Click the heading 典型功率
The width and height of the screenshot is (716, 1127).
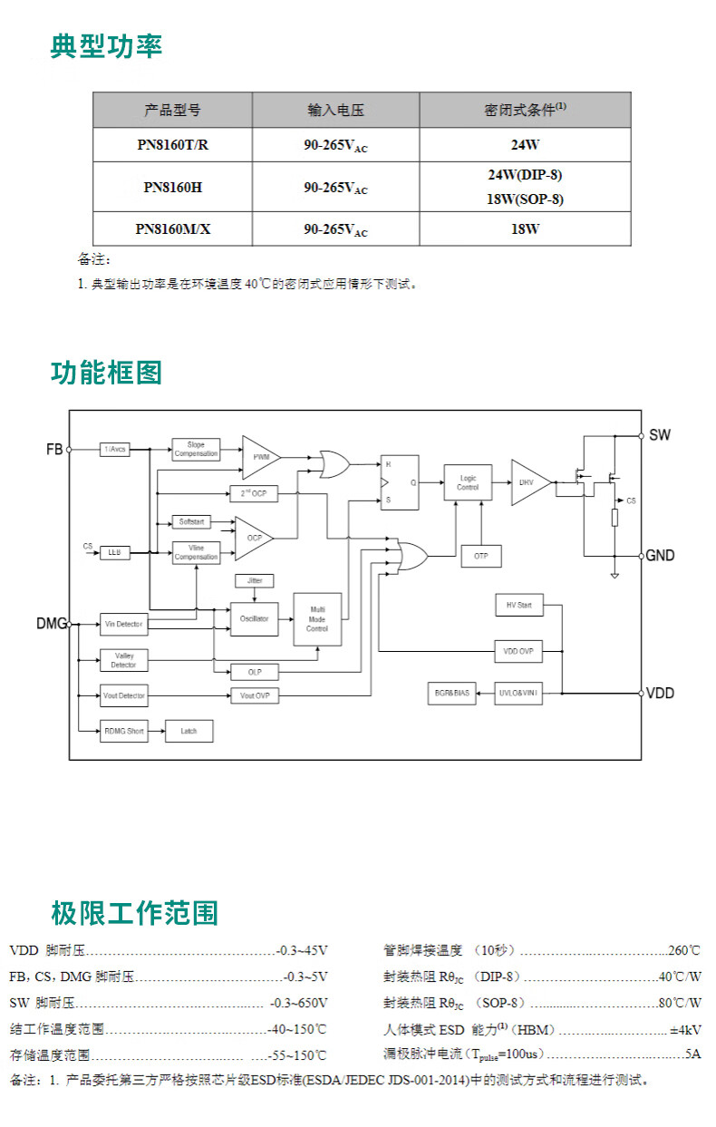point(106,46)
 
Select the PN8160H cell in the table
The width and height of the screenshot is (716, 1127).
point(172,188)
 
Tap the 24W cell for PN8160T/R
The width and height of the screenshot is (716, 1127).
point(525,145)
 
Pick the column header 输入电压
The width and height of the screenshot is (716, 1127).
point(335,111)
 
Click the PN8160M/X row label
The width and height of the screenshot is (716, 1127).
point(172,229)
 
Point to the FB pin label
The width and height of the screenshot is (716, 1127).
point(54,449)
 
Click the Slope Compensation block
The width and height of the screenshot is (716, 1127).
point(196,450)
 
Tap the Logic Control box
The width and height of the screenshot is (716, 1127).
point(468,482)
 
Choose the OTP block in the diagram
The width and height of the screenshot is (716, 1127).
point(480,556)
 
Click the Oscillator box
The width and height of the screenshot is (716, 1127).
point(255,618)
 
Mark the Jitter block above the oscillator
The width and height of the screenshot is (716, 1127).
point(255,579)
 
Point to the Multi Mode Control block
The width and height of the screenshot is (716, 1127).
point(317,619)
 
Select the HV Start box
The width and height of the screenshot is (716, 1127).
point(518,605)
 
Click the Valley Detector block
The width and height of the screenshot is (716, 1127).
point(123,660)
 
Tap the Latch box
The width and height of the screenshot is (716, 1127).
point(189,731)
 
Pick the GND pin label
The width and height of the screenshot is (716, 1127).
point(660,555)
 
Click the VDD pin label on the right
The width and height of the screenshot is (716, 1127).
point(660,693)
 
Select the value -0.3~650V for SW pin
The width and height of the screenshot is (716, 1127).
point(299,1003)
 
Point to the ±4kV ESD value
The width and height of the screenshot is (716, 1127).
point(685,1030)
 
